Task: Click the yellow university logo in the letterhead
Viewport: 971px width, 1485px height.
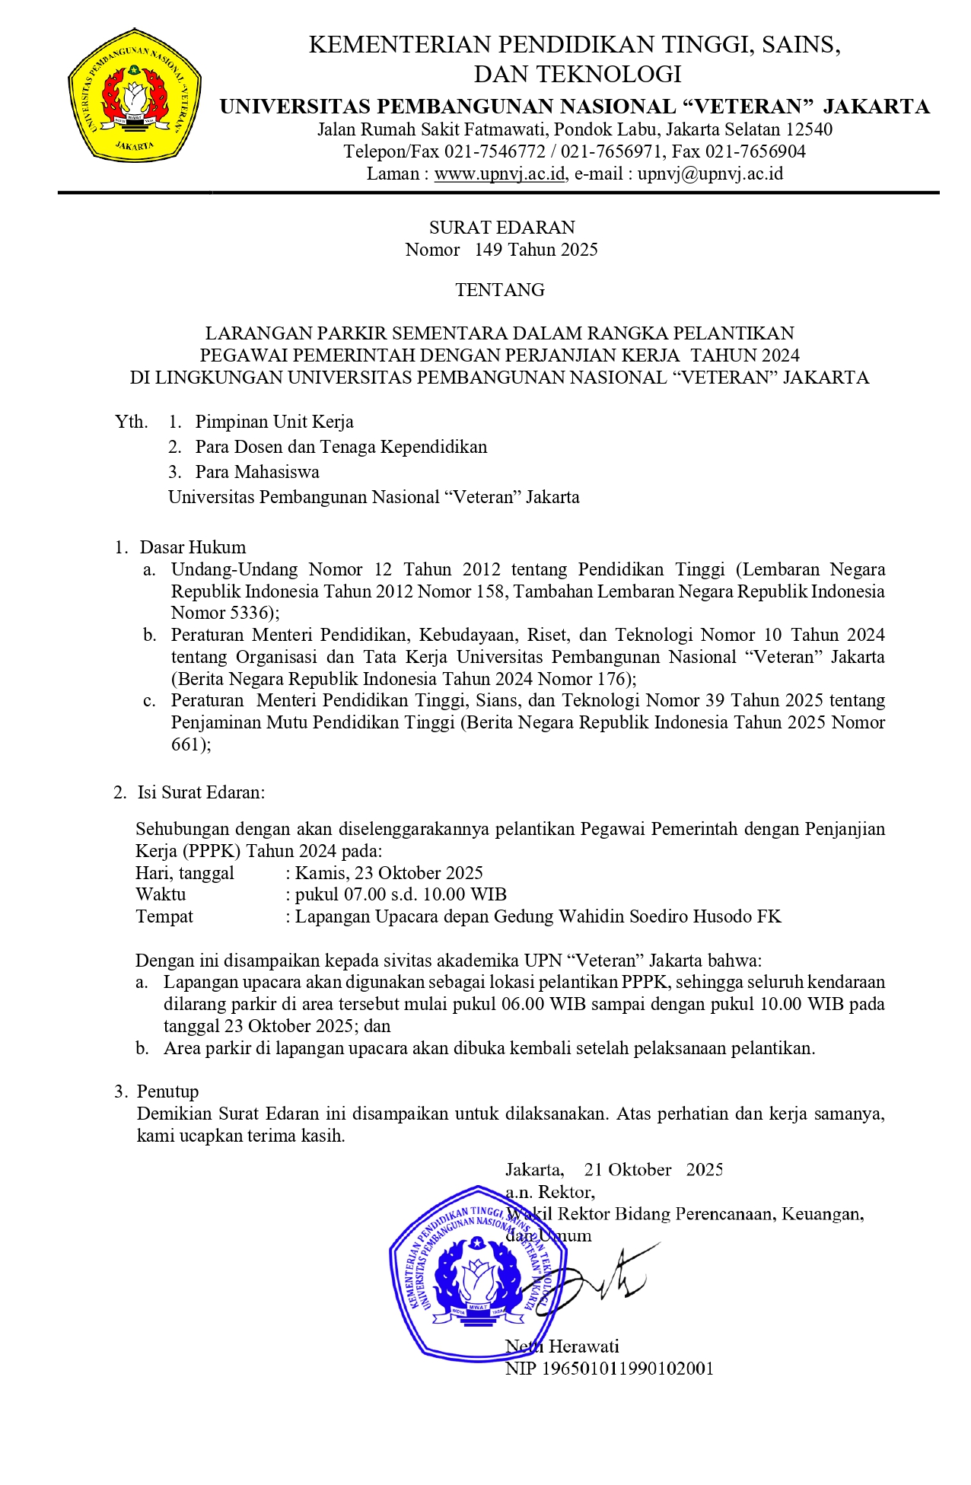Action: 134,94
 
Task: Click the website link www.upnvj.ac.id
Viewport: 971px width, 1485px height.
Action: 500,174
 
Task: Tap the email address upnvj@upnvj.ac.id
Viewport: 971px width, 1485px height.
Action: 710,174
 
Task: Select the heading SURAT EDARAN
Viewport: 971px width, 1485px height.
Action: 501,228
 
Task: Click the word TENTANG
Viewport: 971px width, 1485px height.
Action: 500,290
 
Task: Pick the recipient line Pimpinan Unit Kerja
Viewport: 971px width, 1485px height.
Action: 274,422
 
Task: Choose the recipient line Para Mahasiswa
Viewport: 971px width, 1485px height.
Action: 257,472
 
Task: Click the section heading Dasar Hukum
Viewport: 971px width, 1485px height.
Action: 193,547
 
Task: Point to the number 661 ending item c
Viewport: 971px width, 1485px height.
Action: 186,744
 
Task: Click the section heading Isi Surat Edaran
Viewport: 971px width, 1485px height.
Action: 201,792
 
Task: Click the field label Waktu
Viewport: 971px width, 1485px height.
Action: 161,894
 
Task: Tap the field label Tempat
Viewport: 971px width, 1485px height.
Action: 164,916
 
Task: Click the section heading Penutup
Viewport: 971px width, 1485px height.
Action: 167,1091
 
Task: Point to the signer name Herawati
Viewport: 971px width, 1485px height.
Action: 584,1346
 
